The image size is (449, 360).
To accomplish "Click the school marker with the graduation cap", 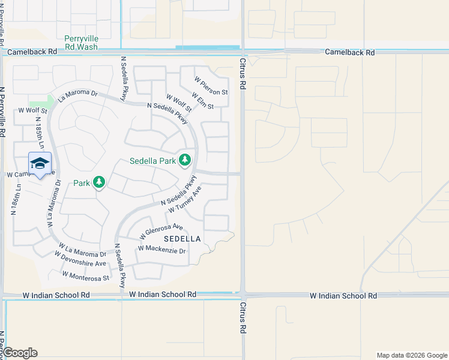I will [40, 164].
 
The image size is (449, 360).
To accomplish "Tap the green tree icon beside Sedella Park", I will [185, 160].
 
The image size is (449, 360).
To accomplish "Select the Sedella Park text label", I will [153, 161].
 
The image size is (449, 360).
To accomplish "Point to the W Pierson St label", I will [211, 86].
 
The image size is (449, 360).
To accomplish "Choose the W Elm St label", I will [203, 100].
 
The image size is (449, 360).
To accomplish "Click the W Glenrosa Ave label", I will [161, 231].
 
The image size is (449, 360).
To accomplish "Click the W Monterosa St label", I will [86, 277].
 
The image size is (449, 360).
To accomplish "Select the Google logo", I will [20, 353].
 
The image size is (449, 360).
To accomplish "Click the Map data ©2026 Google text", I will [411, 355].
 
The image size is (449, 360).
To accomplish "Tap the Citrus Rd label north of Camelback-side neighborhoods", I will [243, 74].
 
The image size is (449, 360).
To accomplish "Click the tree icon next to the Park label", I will [99, 182].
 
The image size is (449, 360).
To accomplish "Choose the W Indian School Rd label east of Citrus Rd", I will [343, 296].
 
